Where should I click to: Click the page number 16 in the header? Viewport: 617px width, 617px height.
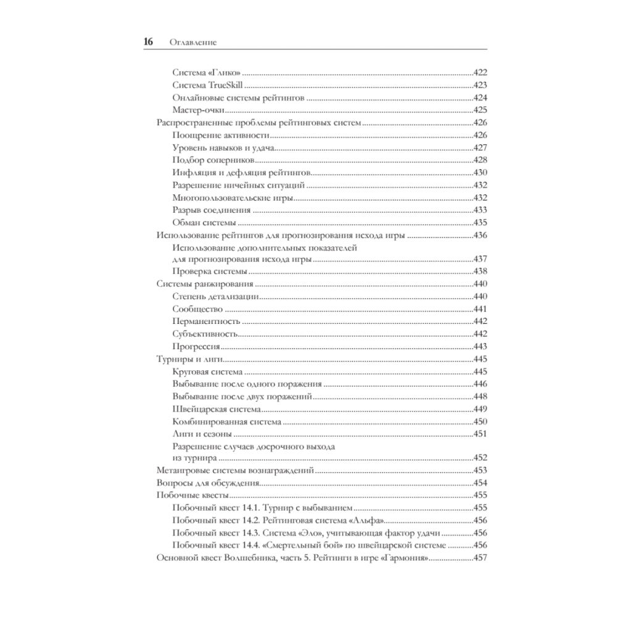[x=148, y=43]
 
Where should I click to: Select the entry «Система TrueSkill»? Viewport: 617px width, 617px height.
[x=209, y=85]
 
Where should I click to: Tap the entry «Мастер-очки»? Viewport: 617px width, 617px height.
[x=198, y=110]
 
